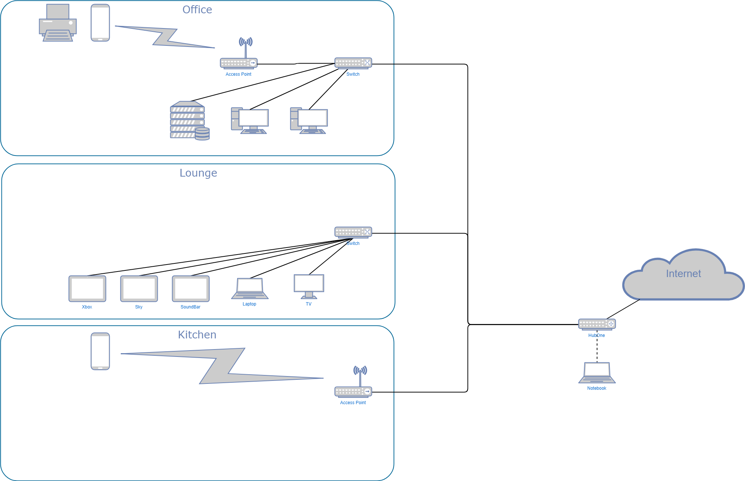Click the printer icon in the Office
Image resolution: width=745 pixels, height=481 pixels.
click(x=58, y=23)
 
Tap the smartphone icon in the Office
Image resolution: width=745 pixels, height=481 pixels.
click(x=100, y=23)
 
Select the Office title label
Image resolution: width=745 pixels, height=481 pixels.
click(x=197, y=10)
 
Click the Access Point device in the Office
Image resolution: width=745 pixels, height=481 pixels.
click(x=239, y=63)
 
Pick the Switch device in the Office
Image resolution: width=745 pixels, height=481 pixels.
click(x=353, y=63)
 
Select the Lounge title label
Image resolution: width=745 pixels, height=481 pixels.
click(x=198, y=173)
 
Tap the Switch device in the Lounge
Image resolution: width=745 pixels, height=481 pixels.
click(x=353, y=232)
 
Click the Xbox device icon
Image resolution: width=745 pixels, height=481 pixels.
click(x=87, y=289)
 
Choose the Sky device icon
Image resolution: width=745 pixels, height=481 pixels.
click(x=139, y=289)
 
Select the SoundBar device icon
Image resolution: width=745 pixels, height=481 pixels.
click(x=191, y=289)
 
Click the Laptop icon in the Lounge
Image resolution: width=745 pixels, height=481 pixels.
click(x=250, y=289)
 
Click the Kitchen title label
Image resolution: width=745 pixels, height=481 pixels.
click(x=197, y=335)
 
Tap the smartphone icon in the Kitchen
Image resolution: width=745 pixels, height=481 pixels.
click(x=100, y=351)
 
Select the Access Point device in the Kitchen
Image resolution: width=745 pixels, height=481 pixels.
click(x=353, y=391)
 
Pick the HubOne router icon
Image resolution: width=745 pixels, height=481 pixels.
click(x=597, y=324)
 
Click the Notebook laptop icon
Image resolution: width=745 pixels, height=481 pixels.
click(x=597, y=373)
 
